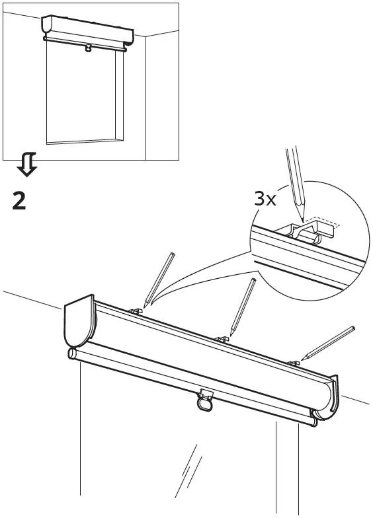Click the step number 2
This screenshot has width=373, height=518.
(20, 200)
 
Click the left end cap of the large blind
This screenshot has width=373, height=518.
(79, 322)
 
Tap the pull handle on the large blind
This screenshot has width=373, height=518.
(205, 400)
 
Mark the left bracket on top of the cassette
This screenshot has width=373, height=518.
(138, 310)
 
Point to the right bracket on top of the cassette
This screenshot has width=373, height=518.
(294, 363)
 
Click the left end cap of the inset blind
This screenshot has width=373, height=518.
(47, 26)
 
